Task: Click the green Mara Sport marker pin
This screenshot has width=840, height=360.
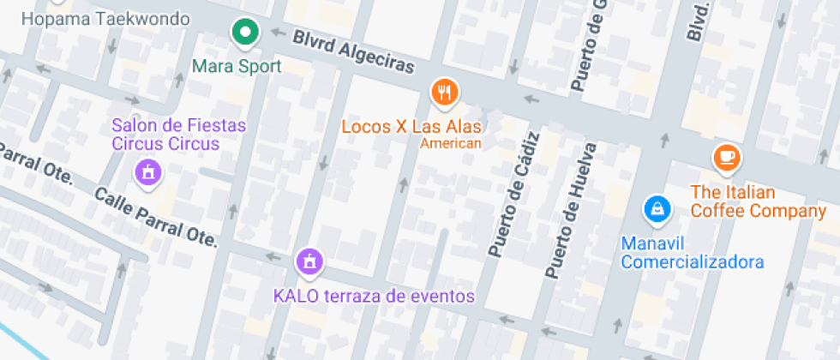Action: [246, 33]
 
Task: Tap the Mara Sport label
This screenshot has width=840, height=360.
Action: [237, 66]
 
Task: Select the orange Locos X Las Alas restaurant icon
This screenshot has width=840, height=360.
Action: [443, 92]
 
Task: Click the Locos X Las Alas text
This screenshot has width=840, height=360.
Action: [411, 127]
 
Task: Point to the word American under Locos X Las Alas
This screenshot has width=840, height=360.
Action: [451, 144]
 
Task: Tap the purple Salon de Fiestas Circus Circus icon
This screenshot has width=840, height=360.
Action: [148, 172]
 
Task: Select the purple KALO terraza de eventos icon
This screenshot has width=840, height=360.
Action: [309, 261]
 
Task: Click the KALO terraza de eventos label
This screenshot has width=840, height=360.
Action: [374, 297]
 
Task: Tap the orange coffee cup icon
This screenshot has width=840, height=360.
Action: [727, 156]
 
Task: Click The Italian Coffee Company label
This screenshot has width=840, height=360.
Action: [759, 201]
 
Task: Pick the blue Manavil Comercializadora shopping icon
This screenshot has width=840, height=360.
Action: [657, 208]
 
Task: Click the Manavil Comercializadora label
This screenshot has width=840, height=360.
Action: [693, 253]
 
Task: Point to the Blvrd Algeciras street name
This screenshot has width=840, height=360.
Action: [353, 52]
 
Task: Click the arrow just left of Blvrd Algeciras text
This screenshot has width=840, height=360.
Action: [277, 33]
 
